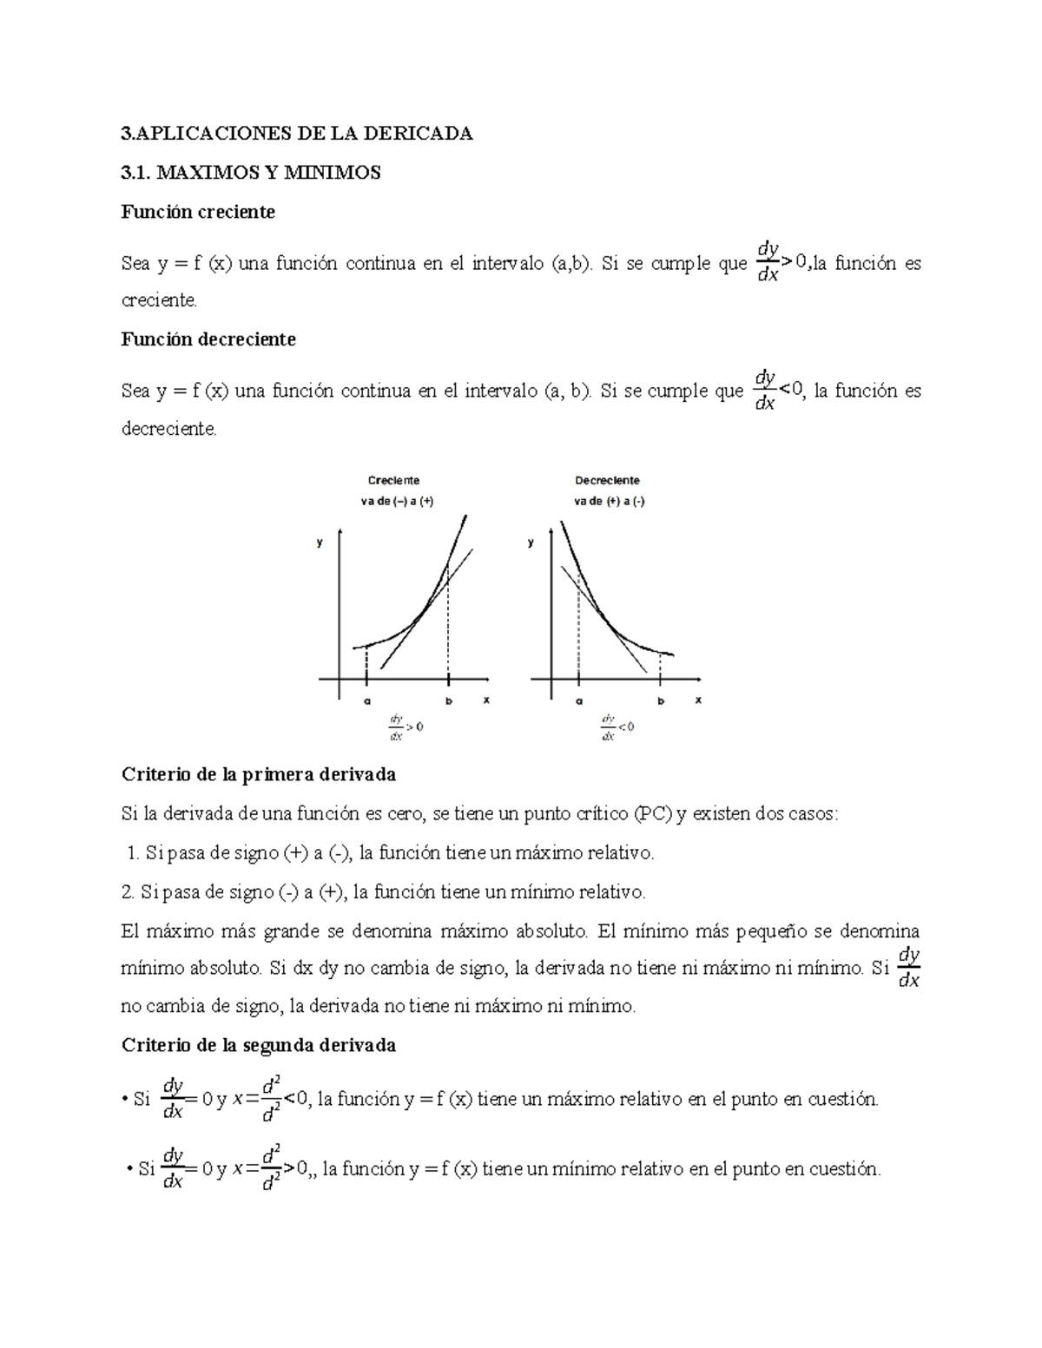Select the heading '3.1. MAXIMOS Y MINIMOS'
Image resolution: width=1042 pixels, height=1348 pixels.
click(251, 173)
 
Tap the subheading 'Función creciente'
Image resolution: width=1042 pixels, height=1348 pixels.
click(198, 212)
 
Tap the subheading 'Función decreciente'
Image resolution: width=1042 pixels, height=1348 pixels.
click(208, 339)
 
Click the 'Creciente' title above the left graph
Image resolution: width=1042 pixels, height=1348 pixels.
click(393, 480)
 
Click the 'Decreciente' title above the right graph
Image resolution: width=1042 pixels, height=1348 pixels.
click(607, 480)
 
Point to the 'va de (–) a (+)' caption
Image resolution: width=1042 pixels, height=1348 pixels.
click(397, 501)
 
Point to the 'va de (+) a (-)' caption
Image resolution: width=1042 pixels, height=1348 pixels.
click(609, 501)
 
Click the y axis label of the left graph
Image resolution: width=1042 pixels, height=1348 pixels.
click(320, 542)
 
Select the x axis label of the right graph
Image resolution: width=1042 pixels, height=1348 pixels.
click(698, 700)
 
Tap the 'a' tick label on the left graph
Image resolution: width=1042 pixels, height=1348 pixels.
click(366, 700)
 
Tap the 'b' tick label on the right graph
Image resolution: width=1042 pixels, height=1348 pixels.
click(661, 700)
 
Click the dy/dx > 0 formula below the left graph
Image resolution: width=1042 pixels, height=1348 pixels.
click(406, 727)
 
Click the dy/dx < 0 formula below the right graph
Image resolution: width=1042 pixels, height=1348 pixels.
click(617, 727)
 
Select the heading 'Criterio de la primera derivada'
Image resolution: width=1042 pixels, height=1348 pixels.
click(259, 773)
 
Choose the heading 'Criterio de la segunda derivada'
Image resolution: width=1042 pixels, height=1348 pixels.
click(259, 1045)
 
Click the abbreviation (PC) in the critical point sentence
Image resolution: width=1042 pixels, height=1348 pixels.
click(652, 814)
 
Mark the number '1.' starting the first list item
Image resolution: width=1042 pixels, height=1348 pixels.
click(133, 853)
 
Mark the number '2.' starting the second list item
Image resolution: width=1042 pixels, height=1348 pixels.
click(129, 891)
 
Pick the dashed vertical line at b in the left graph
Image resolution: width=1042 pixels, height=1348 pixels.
click(448, 625)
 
